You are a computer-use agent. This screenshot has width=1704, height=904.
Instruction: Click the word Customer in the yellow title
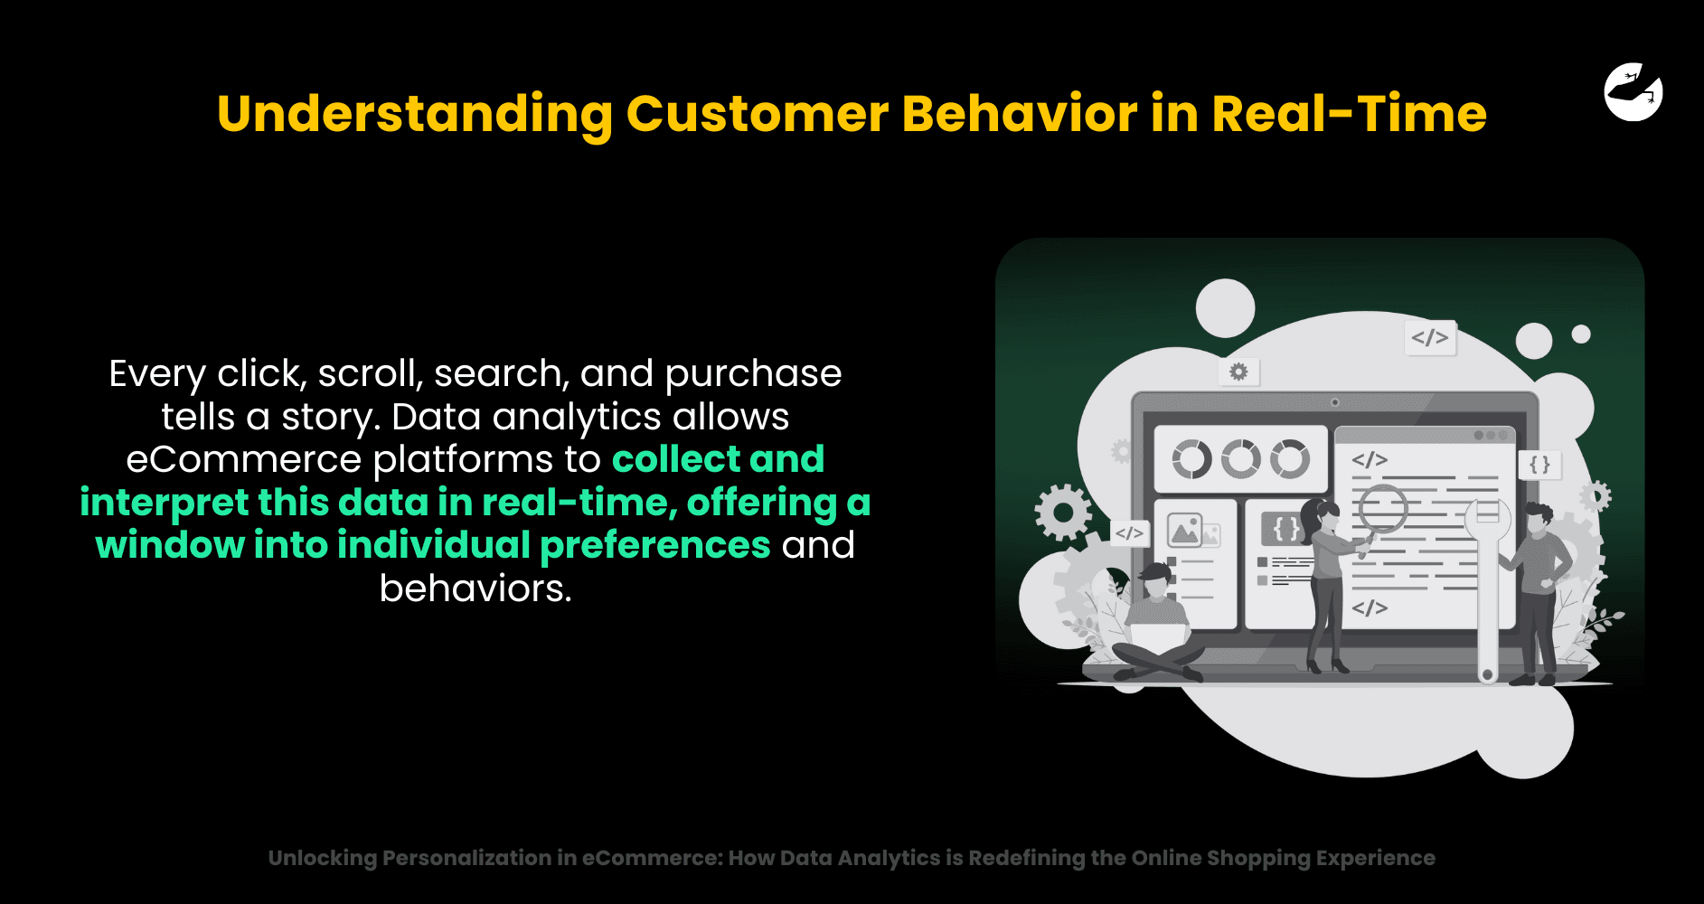pyautogui.click(x=758, y=115)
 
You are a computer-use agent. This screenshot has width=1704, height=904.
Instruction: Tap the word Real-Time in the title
pyautogui.click(x=1349, y=115)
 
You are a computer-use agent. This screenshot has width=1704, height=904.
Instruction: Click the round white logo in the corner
pyautogui.click(x=1633, y=91)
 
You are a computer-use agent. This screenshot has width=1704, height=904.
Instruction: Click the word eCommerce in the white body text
pyautogui.click(x=243, y=460)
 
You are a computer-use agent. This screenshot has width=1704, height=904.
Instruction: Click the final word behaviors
pyautogui.click(x=475, y=589)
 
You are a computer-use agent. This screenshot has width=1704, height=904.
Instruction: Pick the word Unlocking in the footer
pyautogui.click(x=322, y=859)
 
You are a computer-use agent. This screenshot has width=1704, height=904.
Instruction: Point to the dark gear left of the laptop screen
pyautogui.click(x=1063, y=513)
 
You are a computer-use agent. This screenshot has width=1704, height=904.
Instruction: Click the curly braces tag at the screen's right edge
pyautogui.click(x=1540, y=466)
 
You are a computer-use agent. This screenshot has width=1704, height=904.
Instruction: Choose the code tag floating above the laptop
pyautogui.click(x=1430, y=338)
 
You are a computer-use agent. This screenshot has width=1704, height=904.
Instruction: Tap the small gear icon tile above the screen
pyautogui.click(x=1238, y=372)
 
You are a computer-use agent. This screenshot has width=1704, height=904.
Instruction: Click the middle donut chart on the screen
pyautogui.click(x=1241, y=459)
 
